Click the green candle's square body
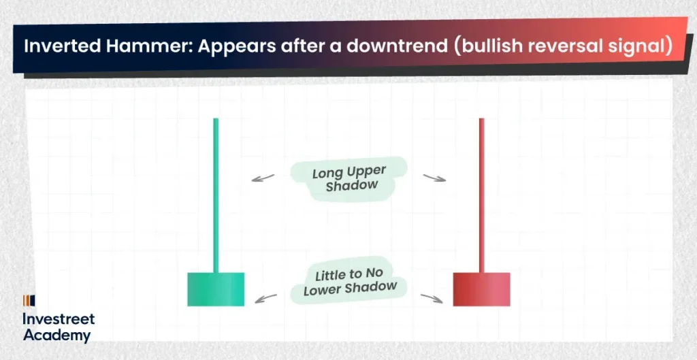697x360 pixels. point(216,289)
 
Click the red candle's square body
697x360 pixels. point(481,289)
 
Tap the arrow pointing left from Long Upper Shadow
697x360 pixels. point(263,178)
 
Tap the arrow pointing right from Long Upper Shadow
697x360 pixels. point(434,178)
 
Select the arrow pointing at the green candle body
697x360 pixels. point(265,297)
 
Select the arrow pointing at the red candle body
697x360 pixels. point(432,297)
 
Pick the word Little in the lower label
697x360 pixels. point(329,276)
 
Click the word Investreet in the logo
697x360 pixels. point(59,319)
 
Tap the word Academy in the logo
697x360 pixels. point(56,335)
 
